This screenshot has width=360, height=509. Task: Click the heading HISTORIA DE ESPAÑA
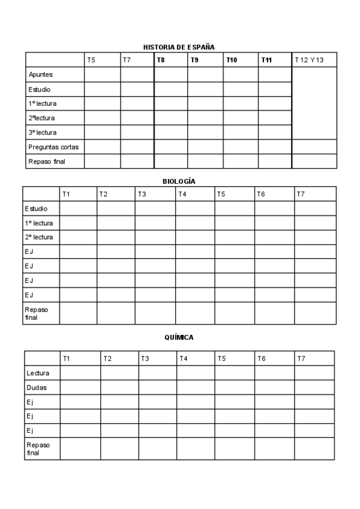tap(179, 46)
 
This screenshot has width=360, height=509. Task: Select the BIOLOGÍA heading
tap(179, 181)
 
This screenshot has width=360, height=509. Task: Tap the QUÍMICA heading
tap(179, 337)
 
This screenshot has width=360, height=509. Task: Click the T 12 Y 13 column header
tap(309, 60)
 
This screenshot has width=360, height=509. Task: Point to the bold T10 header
tap(232, 60)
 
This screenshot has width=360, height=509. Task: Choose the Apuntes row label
tap(41, 74)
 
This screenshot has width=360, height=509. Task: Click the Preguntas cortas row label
tap(53, 146)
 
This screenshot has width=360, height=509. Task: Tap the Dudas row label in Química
tap(36, 388)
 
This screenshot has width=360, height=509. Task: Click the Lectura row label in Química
tap(38, 373)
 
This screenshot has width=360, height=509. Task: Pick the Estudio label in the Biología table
tap(37, 209)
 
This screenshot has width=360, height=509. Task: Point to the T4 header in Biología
tap(182, 194)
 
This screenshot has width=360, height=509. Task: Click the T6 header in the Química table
tap(261, 358)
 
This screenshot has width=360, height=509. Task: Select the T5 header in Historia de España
tap(91, 60)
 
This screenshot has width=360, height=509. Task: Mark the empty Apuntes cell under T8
tap(171, 74)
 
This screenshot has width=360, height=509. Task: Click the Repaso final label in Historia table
tap(46, 161)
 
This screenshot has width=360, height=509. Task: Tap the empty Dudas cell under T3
tap(158, 388)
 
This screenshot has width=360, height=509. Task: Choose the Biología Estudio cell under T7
tap(315, 209)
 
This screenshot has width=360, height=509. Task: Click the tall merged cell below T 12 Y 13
tap(314, 103)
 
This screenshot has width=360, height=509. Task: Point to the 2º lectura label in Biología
tap(39, 237)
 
